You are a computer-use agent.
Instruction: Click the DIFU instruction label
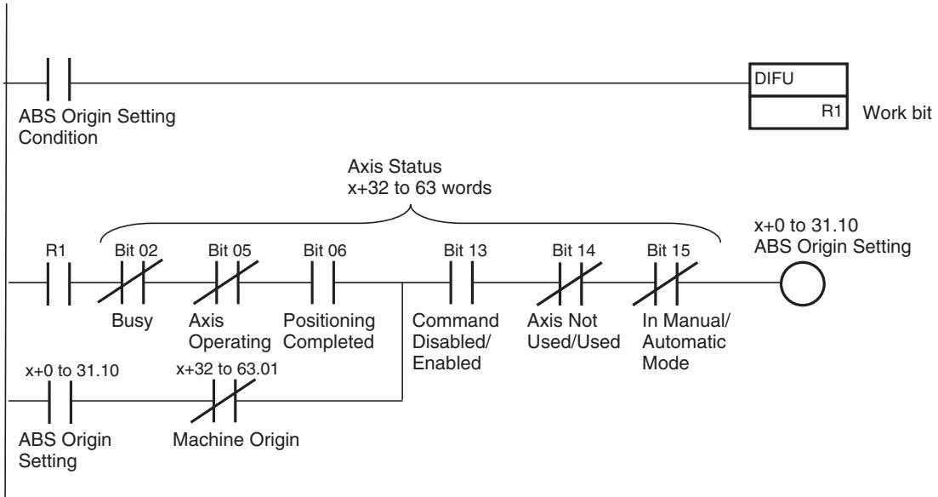pyautogui.click(x=774, y=78)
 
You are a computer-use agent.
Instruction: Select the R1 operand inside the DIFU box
pyautogui.click(x=831, y=111)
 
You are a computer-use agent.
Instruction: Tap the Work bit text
pyautogui.click(x=896, y=112)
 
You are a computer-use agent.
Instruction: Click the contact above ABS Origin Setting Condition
pyautogui.click(x=59, y=79)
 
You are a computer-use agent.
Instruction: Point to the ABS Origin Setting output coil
pyautogui.click(x=802, y=283)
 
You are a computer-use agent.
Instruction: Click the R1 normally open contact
pyautogui.click(x=59, y=283)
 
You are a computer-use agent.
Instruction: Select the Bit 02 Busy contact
pyautogui.click(x=132, y=282)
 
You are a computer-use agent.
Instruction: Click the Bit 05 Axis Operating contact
pyautogui.click(x=227, y=282)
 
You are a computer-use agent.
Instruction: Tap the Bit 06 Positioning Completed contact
pyautogui.click(x=323, y=283)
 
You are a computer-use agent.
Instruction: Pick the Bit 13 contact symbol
pyautogui.click(x=461, y=283)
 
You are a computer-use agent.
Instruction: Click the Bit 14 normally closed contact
pyautogui.click(x=570, y=282)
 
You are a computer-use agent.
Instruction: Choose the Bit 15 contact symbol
pyautogui.click(x=666, y=282)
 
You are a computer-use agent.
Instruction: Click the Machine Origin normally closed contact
pyautogui.click(x=223, y=401)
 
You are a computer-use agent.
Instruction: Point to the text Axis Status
pyautogui.click(x=395, y=166)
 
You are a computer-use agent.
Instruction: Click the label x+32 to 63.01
pyautogui.click(x=227, y=368)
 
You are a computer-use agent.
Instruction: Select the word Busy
pyautogui.click(x=132, y=320)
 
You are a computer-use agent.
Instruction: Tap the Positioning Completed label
pyautogui.click(x=329, y=331)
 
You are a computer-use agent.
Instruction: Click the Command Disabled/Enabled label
pyautogui.click(x=456, y=341)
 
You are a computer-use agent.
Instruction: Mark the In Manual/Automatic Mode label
pyautogui.click(x=686, y=341)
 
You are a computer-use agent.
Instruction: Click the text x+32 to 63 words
pyautogui.click(x=419, y=188)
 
